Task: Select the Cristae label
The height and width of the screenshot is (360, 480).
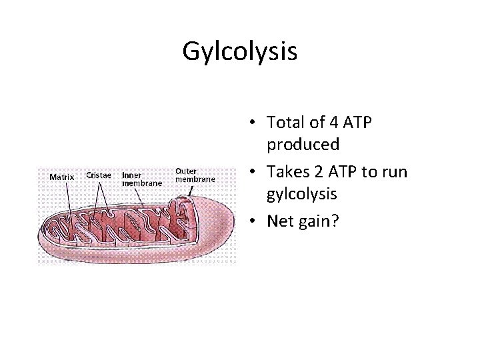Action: [99, 175]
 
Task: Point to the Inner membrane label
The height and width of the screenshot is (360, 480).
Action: [141, 179]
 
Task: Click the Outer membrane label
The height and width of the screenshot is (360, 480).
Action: [195, 175]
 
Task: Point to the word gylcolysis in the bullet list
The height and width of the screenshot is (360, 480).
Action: [303, 194]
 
